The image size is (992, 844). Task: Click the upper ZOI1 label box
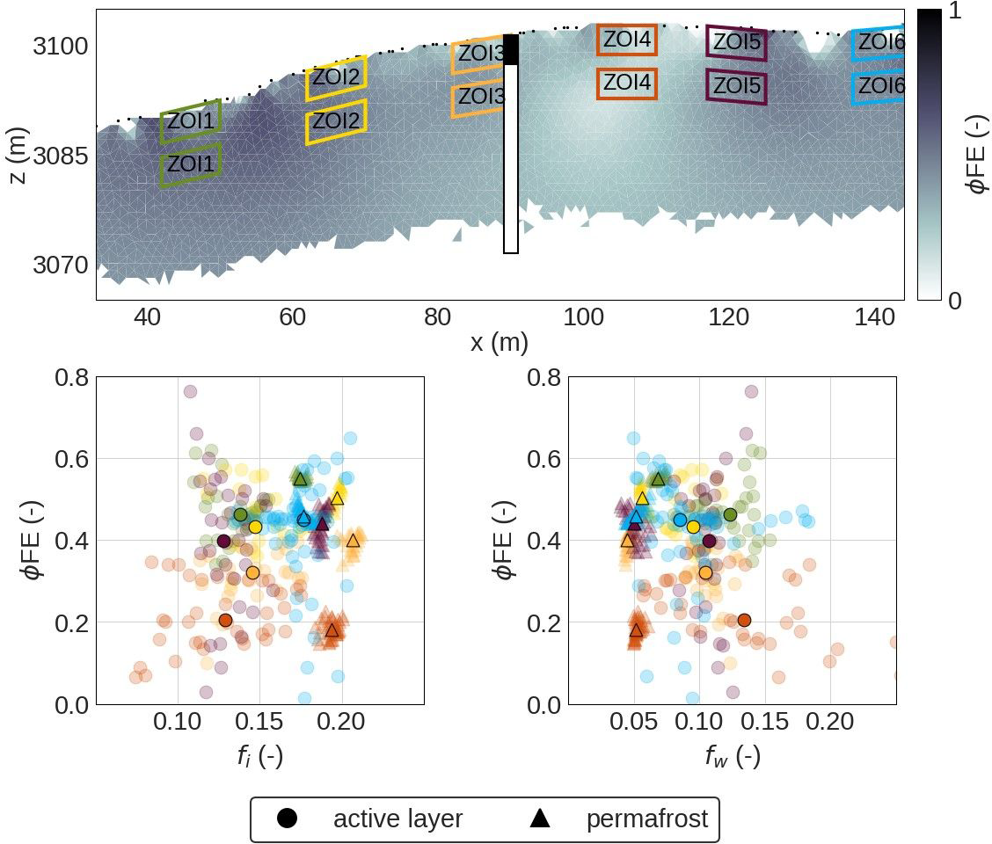tap(190, 121)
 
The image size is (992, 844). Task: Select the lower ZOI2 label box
tap(335, 120)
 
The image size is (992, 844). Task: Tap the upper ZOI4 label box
tap(626, 40)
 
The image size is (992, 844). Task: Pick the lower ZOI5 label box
tap(736, 86)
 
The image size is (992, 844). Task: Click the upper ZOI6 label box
tap(879, 42)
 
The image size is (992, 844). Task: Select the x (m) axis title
tap(500, 343)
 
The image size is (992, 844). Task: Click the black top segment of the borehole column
tap(511, 49)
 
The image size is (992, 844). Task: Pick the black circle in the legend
tap(287, 819)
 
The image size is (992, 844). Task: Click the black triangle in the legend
tap(540, 819)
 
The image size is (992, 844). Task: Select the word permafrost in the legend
tap(646, 819)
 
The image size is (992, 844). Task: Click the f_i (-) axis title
tap(259, 755)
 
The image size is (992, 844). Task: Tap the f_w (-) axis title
tap(733, 755)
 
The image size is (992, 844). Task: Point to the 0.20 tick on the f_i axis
tap(340, 723)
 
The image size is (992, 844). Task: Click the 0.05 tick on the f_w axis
tap(633, 723)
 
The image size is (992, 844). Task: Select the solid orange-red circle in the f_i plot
tap(225, 620)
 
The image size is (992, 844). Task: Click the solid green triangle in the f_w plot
tap(658, 479)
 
